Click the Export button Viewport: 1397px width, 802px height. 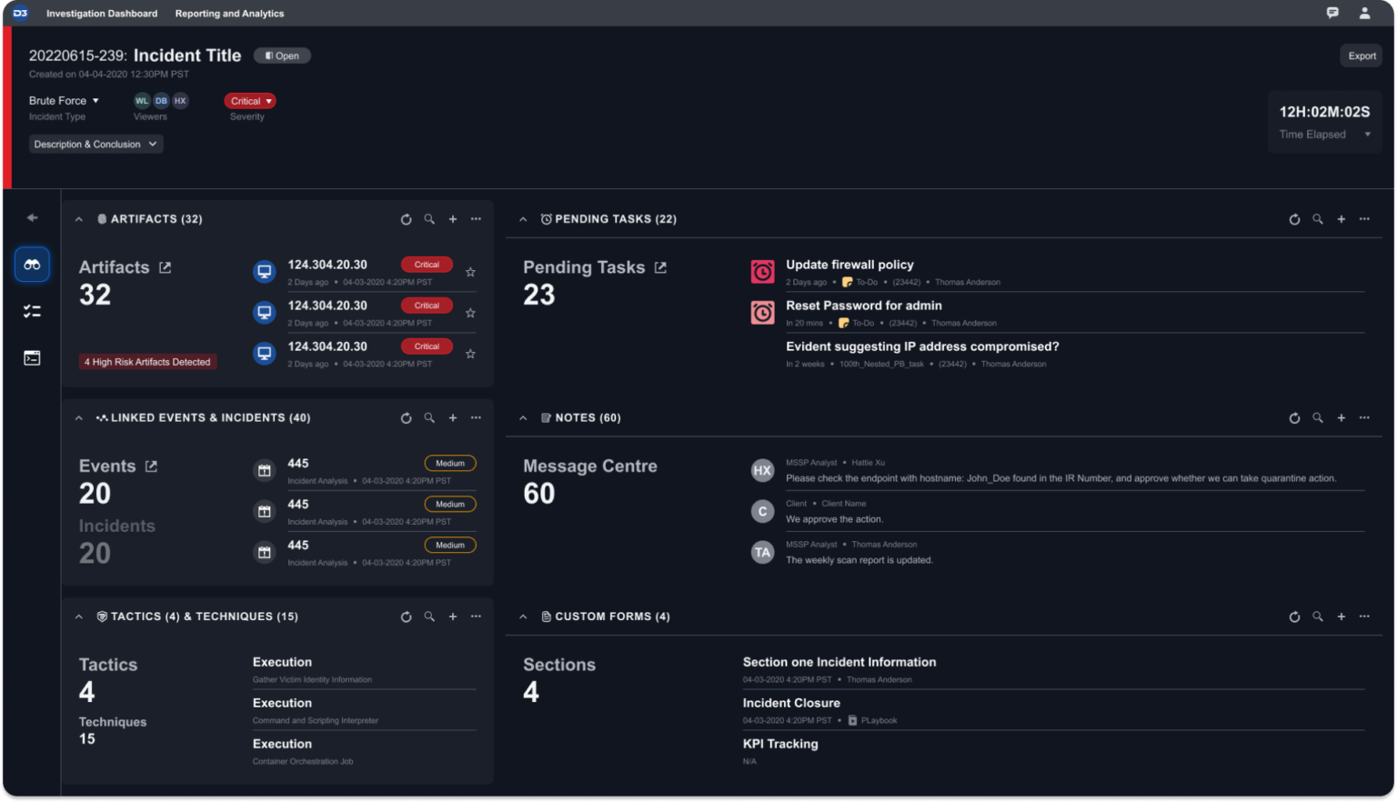click(x=1362, y=56)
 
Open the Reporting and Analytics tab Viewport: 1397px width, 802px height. click(x=229, y=14)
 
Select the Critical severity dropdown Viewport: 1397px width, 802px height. click(x=250, y=101)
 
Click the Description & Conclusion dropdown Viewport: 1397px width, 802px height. click(x=95, y=145)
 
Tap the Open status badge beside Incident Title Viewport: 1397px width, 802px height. click(x=282, y=56)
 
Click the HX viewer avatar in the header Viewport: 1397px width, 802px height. click(x=180, y=101)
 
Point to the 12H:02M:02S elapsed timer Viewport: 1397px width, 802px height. click(x=1323, y=112)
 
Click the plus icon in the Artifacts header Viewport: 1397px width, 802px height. click(x=453, y=219)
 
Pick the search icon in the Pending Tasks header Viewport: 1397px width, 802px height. click(x=1317, y=219)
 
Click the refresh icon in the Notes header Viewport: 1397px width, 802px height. click(x=1294, y=418)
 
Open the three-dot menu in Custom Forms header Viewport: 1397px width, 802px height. click(x=1364, y=617)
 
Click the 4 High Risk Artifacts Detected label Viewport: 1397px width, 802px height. click(x=147, y=362)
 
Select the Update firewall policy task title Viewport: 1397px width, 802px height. click(x=849, y=265)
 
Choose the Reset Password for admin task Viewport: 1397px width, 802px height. click(x=863, y=306)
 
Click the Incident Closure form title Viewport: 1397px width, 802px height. click(x=791, y=703)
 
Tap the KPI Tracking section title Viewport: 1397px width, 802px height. click(x=780, y=744)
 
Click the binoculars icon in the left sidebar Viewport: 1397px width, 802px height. click(x=32, y=265)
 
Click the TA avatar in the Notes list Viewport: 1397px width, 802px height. click(x=762, y=552)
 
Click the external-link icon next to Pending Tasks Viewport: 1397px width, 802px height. click(x=660, y=267)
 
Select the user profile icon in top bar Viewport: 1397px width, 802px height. click(x=1364, y=14)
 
